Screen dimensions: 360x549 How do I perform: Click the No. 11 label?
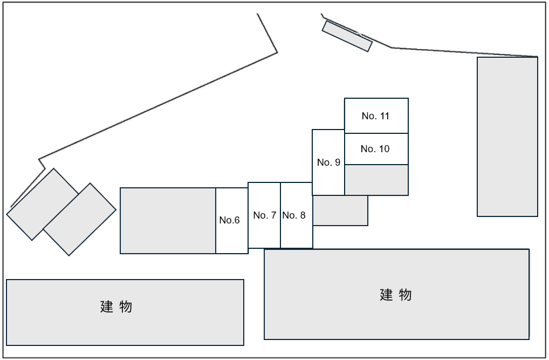click(x=375, y=116)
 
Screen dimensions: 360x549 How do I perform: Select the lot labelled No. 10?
click(x=375, y=149)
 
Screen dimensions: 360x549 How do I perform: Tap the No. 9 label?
click(x=328, y=162)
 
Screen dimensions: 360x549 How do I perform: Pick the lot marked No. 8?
click(x=297, y=215)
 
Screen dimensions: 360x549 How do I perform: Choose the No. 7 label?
click(x=264, y=215)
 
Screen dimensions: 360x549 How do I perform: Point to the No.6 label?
click(x=229, y=220)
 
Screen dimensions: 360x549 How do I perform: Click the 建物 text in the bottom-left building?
click(x=116, y=307)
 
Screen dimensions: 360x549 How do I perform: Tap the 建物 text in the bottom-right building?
click(x=396, y=295)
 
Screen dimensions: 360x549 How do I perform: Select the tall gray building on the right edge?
click(x=507, y=137)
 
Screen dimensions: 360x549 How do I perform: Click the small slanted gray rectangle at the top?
click(x=347, y=36)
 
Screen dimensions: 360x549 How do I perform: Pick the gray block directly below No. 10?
click(x=376, y=180)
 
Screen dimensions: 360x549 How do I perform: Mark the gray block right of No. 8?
click(x=340, y=210)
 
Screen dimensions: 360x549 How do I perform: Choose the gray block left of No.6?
click(x=168, y=220)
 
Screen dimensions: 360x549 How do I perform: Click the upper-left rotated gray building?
click(x=43, y=204)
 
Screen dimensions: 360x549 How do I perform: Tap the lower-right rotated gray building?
click(x=79, y=219)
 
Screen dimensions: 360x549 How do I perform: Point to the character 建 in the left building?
click(x=107, y=307)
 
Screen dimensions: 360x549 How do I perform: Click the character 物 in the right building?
click(x=406, y=295)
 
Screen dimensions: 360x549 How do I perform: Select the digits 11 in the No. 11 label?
click(x=385, y=116)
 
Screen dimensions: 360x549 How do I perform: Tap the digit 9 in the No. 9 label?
click(x=337, y=162)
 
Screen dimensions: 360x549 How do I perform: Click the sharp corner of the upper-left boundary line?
click(x=277, y=52)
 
